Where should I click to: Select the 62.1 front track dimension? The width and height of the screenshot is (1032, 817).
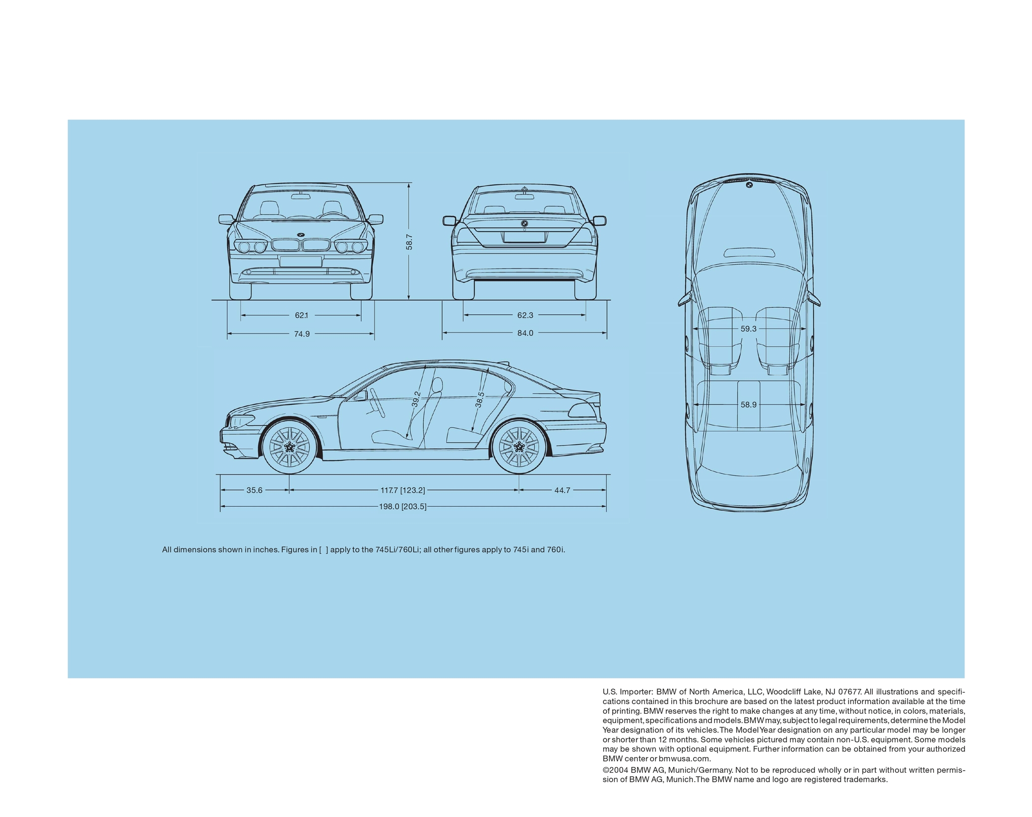pyautogui.click(x=301, y=315)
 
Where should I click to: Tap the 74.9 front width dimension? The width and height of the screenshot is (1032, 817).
pyautogui.click(x=302, y=333)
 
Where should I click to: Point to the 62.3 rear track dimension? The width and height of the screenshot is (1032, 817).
pyautogui.click(x=525, y=315)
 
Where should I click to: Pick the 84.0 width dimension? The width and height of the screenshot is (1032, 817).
pyautogui.click(x=525, y=333)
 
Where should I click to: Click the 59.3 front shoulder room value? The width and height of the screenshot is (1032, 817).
pyautogui.click(x=748, y=329)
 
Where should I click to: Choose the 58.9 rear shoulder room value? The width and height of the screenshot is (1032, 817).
pyautogui.click(x=748, y=404)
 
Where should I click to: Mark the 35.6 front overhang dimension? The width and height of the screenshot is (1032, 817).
pyautogui.click(x=254, y=490)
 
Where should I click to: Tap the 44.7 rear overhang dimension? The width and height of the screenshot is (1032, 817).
pyautogui.click(x=562, y=490)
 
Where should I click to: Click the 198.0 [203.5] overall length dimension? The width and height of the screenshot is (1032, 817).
pyautogui.click(x=403, y=507)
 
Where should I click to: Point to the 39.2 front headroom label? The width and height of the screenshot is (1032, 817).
pyautogui.click(x=416, y=399)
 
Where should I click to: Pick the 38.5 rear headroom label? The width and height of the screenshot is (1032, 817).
pyautogui.click(x=480, y=400)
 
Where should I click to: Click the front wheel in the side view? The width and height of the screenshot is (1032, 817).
pyautogui.click(x=290, y=447)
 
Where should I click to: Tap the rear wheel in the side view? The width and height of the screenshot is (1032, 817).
pyautogui.click(x=519, y=447)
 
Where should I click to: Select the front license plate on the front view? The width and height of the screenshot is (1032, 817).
pyautogui.click(x=301, y=261)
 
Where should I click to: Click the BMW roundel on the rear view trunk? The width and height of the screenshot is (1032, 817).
pyautogui.click(x=524, y=224)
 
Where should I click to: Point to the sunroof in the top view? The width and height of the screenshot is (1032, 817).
pyautogui.click(x=749, y=252)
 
